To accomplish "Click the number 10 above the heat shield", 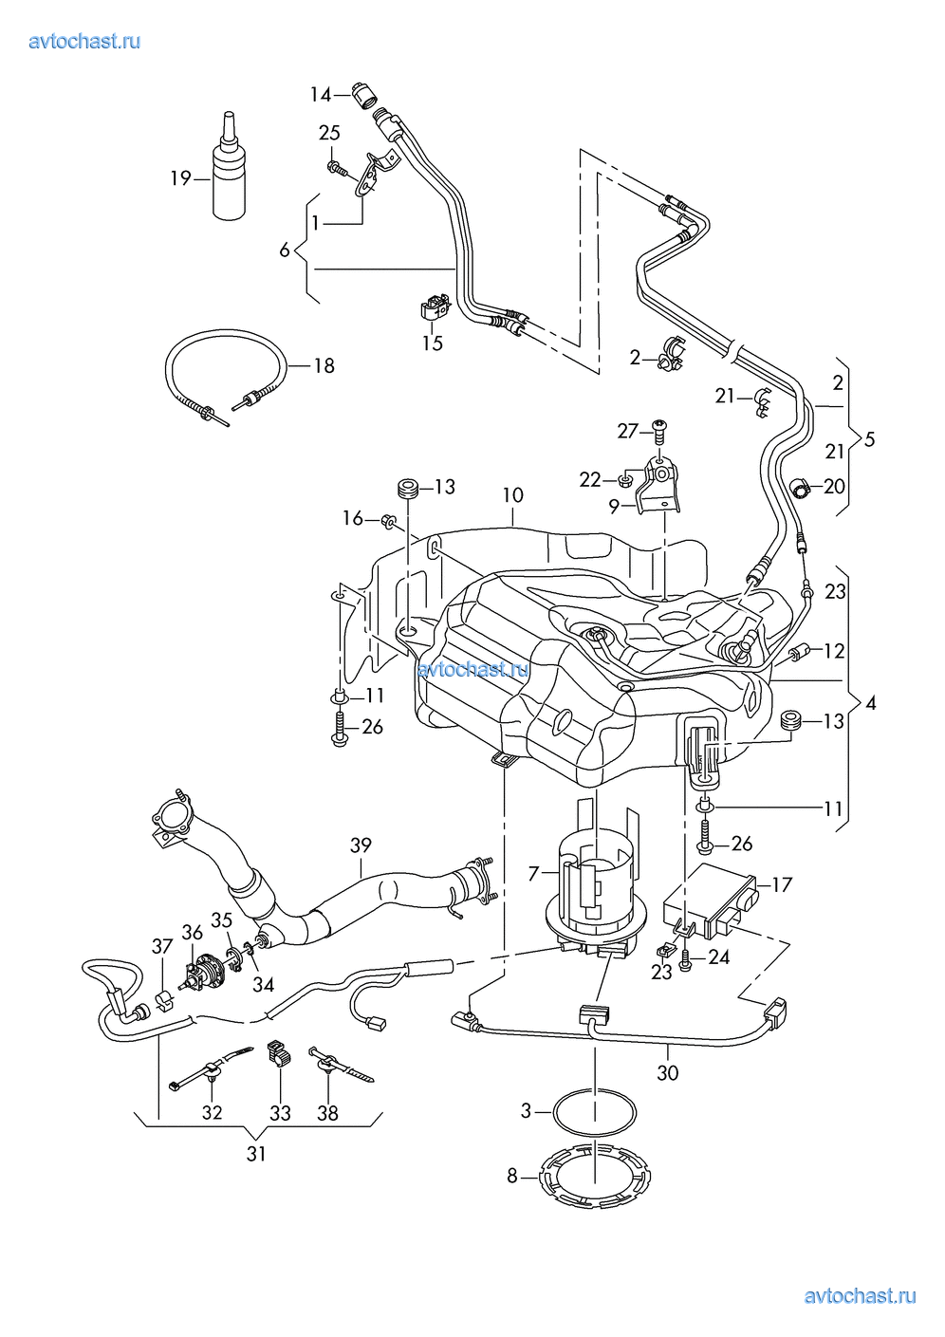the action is [512, 494].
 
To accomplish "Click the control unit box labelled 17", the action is [711, 902].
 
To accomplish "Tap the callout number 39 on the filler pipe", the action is [361, 845].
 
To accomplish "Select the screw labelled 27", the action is [659, 432].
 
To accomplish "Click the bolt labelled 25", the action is [337, 168].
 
